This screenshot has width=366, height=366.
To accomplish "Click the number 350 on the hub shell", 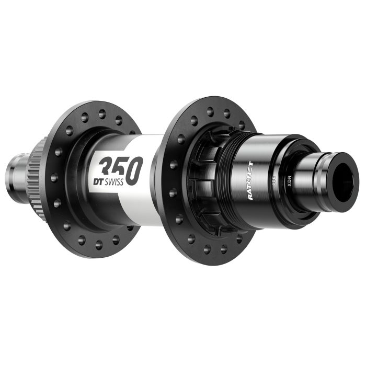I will [120, 166].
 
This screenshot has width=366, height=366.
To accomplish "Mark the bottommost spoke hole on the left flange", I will [98, 244].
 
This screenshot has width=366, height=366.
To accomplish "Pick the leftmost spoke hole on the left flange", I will [54, 178].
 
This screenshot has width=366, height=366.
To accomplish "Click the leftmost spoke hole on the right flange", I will [172, 166].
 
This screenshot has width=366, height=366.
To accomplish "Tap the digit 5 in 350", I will [121, 166].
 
